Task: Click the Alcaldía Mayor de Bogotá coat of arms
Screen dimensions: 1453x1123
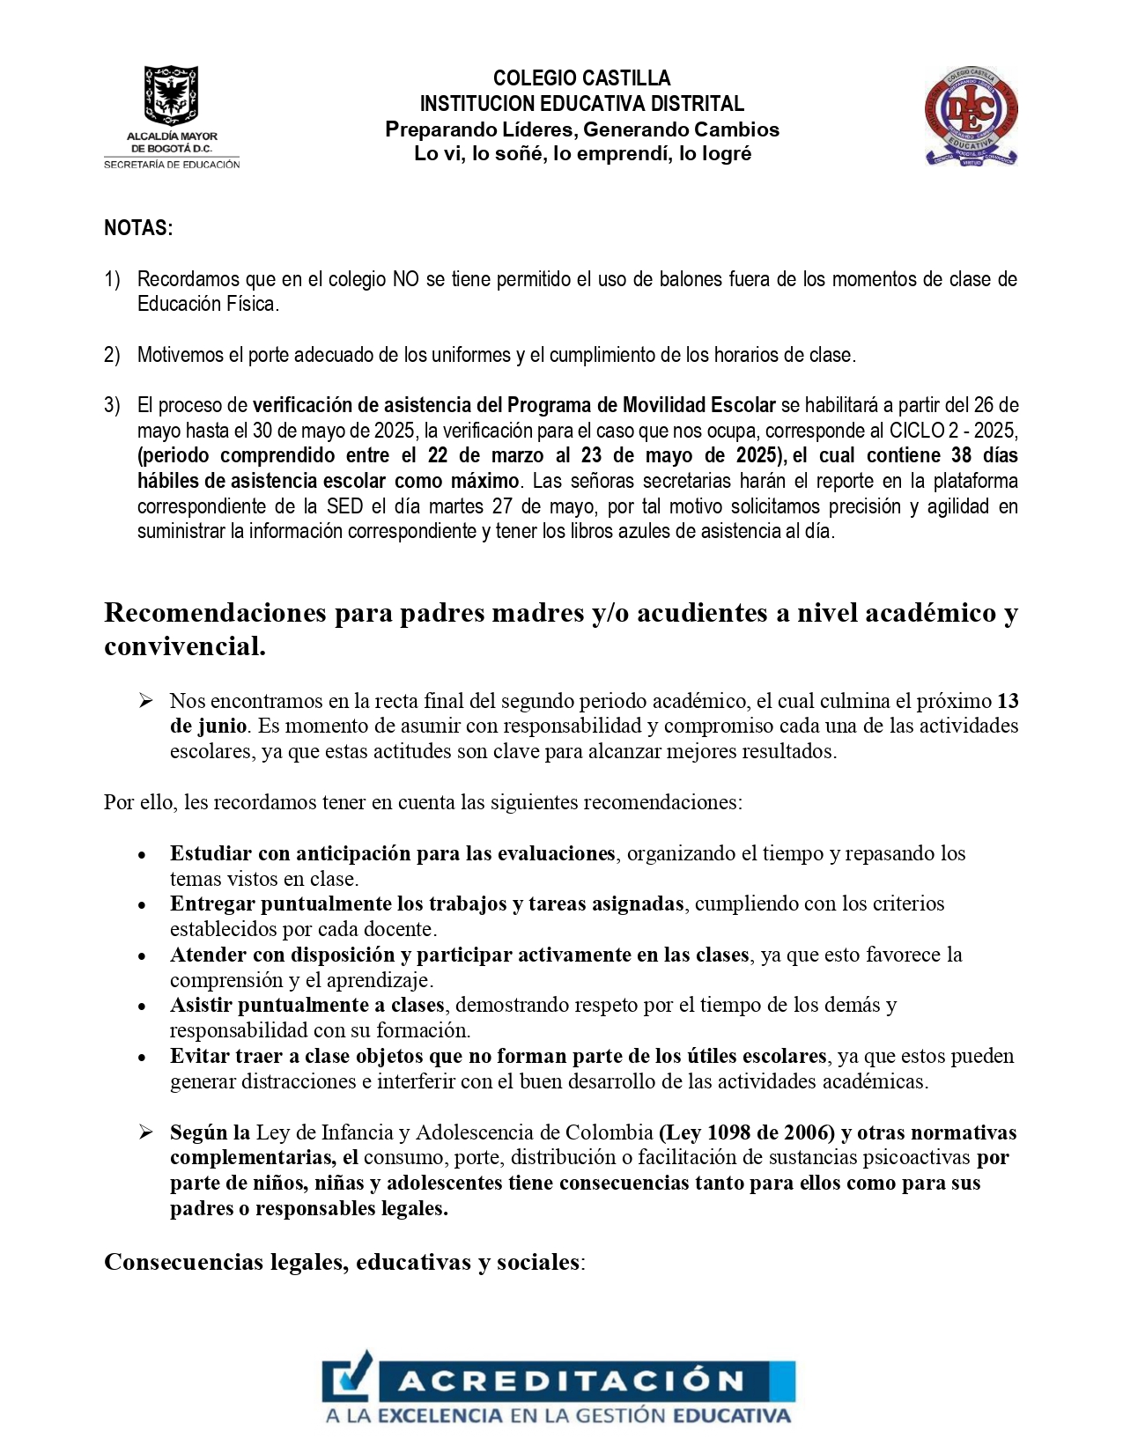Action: pyautogui.click(x=171, y=95)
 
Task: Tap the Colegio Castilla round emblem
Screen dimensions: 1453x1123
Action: pyautogui.click(x=971, y=115)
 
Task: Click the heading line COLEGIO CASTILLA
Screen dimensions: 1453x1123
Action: pyautogui.click(x=581, y=78)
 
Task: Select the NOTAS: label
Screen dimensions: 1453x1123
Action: pyautogui.click(x=138, y=228)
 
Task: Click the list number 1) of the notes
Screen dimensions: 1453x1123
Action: pyautogui.click(x=112, y=280)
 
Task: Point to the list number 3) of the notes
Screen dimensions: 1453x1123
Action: pyautogui.click(x=112, y=406)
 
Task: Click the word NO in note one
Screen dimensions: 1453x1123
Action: pyautogui.click(x=406, y=280)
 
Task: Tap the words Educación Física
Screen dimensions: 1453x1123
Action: pyautogui.click(x=208, y=305)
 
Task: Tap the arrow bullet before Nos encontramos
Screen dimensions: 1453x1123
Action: pyautogui.click(x=146, y=701)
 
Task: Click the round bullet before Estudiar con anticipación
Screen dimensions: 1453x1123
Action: pyautogui.click(x=142, y=855)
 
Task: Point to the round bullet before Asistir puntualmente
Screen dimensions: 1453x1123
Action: pyautogui.click(x=142, y=1007)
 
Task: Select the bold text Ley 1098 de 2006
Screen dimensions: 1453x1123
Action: pyautogui.click(x=747, y=1133)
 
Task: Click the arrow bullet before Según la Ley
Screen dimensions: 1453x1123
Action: pyautogui.click(x=146, y=1132)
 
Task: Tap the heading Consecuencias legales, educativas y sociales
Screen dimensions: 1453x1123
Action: pyautogui.click(x=342, y=1263)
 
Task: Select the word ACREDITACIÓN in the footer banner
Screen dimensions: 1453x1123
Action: pyautogui.click(x=571, y=1381)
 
